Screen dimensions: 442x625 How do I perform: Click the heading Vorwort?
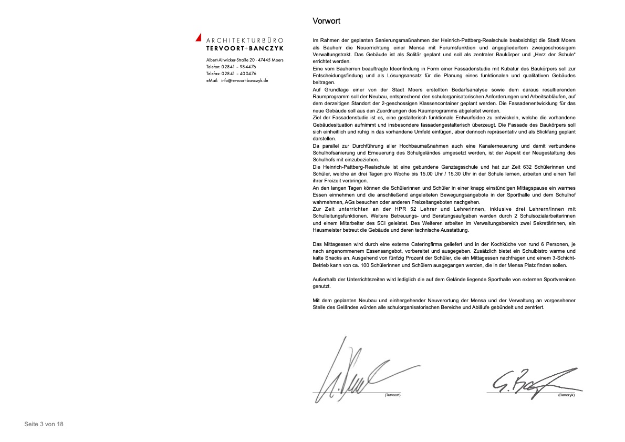tap(326, 21)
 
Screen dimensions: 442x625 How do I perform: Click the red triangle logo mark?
tap(199, 37)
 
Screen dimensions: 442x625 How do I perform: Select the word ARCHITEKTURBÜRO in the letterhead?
tap(245, 40)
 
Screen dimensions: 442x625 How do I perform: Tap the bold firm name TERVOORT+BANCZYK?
tap(245, 48)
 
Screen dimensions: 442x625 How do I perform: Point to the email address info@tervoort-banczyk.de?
tap(245, 80)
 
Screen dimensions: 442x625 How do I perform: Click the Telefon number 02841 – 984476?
tap(239, 67)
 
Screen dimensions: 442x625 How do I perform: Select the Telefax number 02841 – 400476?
tap(239, 74)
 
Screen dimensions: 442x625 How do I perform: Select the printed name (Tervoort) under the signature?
tap(392, 395)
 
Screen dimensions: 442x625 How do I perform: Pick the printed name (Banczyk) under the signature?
tap(566, 395)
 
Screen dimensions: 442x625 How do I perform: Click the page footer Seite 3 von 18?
tap(44, 424)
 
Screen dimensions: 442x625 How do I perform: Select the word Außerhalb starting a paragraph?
tap(324, 280)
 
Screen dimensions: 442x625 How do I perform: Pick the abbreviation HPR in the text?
tap(375, 209)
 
